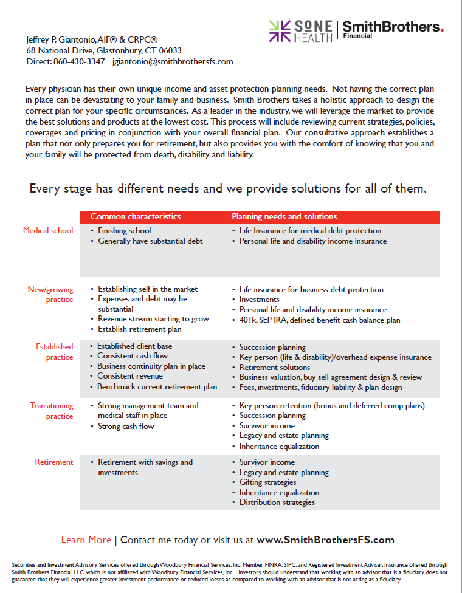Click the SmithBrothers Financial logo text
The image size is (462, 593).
[x=392, y=28]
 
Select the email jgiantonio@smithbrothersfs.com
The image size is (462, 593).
[x=173, y=61]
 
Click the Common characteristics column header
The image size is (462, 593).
[x=136, y=217]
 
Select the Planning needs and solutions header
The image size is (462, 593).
[x=284, y=217]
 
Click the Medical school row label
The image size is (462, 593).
[x=48, y=231]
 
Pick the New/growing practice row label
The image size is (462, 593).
[x=50, y=295]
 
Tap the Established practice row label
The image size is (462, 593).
[x=54, y=352]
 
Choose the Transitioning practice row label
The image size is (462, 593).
[x=52, y=411]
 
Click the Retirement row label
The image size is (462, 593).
[x=54, y=462]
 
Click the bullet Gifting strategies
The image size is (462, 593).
[x=268, y=482]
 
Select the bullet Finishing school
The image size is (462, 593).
[x=125, y=231]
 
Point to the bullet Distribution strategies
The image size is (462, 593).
[x=277, y=502]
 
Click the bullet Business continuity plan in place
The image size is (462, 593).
[x=151, y=366]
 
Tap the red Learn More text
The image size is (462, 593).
[x=86, y=540]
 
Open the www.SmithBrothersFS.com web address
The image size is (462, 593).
[x=326, y=540]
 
